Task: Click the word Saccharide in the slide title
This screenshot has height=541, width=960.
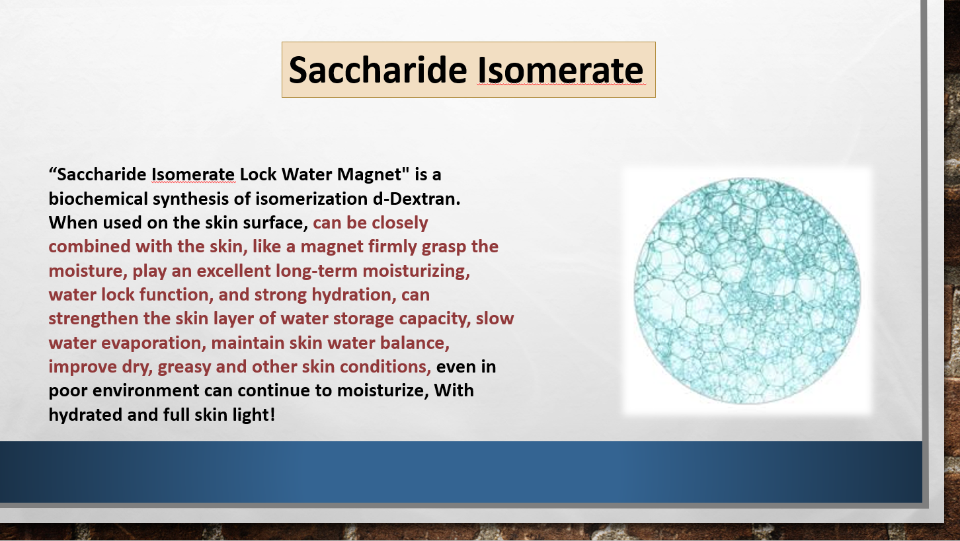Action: [x=378, y=70]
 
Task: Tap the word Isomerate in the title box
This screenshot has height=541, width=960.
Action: [x=560, y=70]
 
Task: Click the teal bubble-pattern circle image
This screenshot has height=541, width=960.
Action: [x=747, y=291]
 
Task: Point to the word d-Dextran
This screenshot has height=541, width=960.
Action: [x=417, y=199]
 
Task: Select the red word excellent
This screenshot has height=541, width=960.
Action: [x=233, y=271]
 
